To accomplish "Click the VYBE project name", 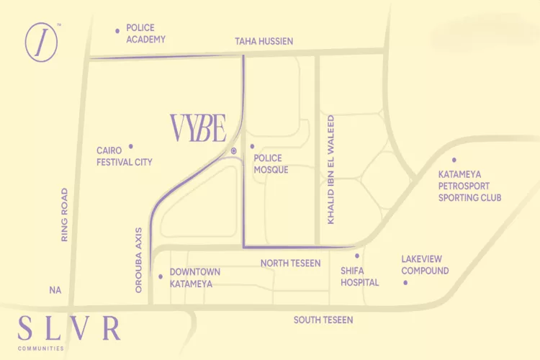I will [198, 128].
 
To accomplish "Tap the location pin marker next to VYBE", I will [234, 150].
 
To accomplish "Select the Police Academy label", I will [146, 33].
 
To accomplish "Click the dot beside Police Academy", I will [117, 30].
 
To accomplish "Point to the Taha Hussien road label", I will [264, 41].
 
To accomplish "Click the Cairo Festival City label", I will [125, 156].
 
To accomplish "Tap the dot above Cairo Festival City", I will [131, 145].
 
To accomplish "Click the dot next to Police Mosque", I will [253, 146].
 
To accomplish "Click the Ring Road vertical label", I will [64, 215].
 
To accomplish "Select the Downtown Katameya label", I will [194, 277].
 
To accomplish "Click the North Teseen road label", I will [290, 264].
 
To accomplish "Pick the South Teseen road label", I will [323, 319].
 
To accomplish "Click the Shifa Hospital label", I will [360, 276].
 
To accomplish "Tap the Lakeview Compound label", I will [425, 265].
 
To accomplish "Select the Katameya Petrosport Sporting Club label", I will [469, 186].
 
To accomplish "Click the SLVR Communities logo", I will [69, 330].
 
